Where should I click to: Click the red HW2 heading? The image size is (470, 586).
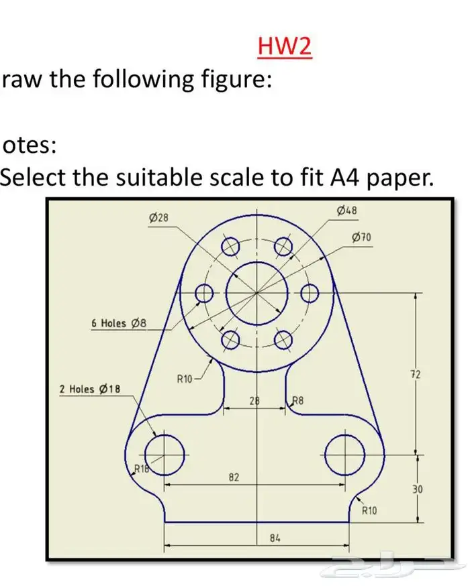(285, 47)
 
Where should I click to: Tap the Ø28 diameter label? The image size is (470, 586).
(158, 217)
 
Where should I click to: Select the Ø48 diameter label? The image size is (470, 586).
(346, 211)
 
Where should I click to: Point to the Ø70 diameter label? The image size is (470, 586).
(361, 237)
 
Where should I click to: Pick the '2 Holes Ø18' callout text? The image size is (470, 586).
(89, 389)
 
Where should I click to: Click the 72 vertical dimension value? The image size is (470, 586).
(415, 374)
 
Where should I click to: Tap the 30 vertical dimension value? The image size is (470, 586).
(417, 489)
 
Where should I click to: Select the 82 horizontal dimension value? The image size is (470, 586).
(234, 478)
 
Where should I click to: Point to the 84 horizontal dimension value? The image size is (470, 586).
(275, 538)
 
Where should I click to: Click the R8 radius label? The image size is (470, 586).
(298, 402)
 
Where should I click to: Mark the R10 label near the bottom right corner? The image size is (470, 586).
(369, 511)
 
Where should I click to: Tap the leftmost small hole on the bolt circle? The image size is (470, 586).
(204, 294)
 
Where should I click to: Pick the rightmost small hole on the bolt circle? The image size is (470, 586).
(309, 293)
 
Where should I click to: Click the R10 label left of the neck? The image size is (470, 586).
(185, 379)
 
